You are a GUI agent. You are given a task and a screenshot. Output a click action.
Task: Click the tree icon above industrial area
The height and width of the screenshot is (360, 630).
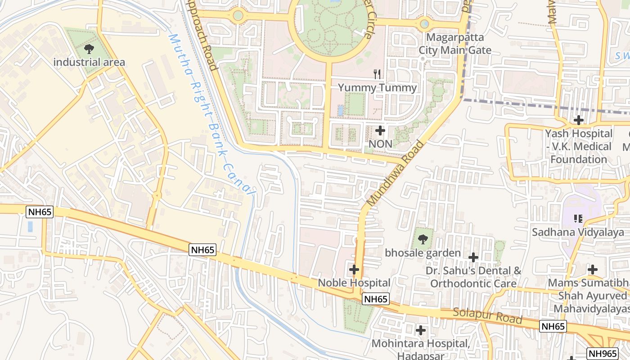[x=89, y=49]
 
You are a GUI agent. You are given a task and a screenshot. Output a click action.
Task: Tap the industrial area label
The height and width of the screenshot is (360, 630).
[x=89, y=62]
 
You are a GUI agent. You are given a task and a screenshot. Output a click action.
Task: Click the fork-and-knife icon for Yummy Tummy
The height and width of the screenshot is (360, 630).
[x=377, y=74]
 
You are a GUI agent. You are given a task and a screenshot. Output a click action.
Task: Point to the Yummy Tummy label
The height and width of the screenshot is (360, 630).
[x=377, y=87]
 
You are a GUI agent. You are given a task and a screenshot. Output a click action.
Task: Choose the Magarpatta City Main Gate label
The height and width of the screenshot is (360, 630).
[x=455, y=44]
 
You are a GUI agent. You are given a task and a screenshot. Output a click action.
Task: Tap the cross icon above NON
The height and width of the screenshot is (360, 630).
[x=380, y=131]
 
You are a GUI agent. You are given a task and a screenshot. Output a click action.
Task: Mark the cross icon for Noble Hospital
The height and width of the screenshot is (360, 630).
[x=354, y=270]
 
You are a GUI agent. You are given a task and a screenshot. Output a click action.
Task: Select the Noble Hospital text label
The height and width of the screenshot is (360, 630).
[x=354, y=283]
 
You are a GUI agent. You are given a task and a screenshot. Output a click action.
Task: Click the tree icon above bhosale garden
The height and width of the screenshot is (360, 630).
[x=422, y=239]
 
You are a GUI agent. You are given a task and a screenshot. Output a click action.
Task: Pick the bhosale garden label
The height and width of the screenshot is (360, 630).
[x=423, y=252]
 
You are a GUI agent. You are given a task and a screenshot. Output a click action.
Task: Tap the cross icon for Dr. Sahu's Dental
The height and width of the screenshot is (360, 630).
[x=473, y=257]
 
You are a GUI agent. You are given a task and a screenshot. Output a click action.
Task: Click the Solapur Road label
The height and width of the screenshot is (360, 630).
[x=487, y=315]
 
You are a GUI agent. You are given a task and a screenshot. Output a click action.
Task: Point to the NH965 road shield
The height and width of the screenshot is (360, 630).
[x=603, y=353]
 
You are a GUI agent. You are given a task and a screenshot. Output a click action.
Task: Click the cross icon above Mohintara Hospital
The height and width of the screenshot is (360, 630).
[x=421, y=330]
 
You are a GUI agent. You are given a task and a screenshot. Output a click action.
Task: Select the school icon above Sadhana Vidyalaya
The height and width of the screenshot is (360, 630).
[x=578, y=219]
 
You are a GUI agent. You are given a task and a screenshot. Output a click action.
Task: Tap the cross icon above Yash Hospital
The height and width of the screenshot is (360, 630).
[x=579, y=120]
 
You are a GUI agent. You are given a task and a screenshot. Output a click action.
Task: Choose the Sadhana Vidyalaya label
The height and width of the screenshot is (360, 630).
[x=578, y=232]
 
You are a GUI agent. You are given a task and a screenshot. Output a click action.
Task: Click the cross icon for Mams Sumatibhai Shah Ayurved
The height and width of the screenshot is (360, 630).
[x=593, y=270]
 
